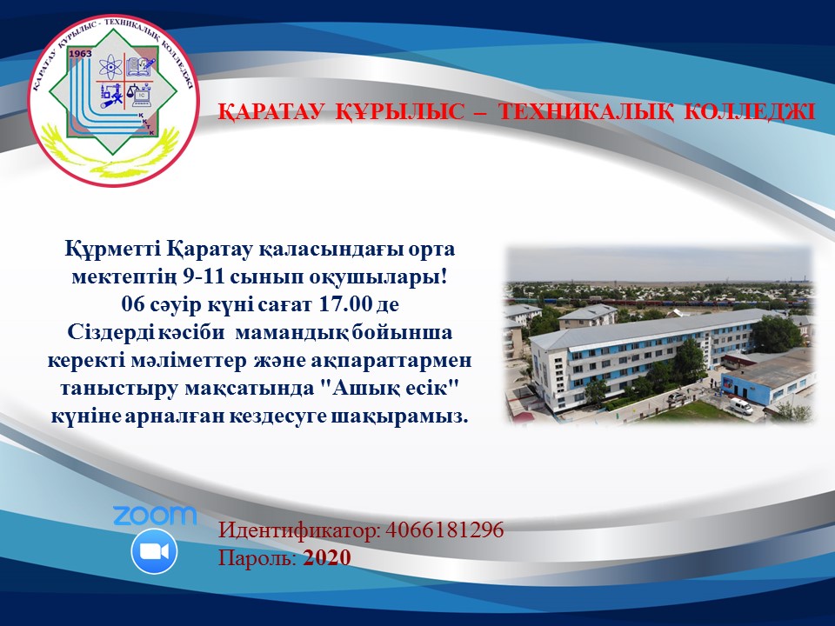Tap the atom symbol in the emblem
110,67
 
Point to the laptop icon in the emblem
141,96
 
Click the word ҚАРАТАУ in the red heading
271,112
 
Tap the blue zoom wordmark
155,515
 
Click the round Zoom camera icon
154,551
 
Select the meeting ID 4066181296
444,530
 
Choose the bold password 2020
327,558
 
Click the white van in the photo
740,406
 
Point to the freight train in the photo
665,303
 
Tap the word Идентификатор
298,531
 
